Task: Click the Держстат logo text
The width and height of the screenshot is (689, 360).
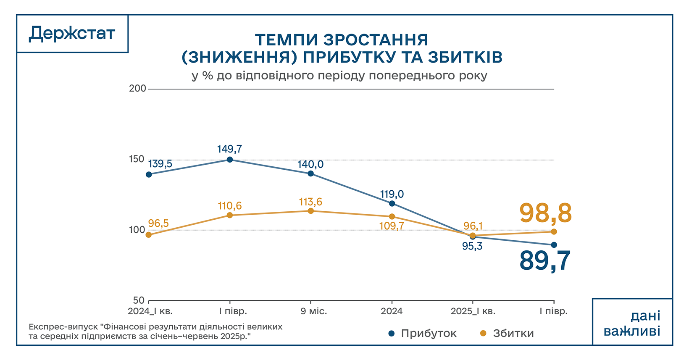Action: click(x=72, y=34)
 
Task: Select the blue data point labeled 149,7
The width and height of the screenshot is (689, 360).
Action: click(x=230, y=160)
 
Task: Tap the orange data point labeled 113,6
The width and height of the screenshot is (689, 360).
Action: click(x=311, y=211)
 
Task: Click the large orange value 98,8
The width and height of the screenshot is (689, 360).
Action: click(x=545, y=213)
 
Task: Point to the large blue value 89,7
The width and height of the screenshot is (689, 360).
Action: click(x=545, y=260)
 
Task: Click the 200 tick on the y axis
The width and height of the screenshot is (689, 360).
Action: click(x=137, y=89)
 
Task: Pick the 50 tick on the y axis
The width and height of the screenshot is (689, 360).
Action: click(x=139, y=300)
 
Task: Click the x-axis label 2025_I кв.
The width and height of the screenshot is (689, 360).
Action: click(x=473, y=311)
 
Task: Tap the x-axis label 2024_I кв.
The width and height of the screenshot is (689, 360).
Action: click(x=150, y=311)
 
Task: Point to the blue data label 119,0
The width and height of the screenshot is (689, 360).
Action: click(x=392, y=194)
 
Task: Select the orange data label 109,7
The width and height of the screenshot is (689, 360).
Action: click(x=392, y=226)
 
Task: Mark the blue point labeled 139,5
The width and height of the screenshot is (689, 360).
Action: click(x=149, y=174)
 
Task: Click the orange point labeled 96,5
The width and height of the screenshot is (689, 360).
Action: click(x=149, y=235)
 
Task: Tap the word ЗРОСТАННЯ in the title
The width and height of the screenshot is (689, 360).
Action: click(x=376, y=40)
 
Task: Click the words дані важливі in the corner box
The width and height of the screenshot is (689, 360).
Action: click(x=633, y=323)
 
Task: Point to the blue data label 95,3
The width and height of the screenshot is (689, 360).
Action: click(x=472, y=247)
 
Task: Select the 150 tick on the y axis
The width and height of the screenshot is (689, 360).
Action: click(x=137, y=159)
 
